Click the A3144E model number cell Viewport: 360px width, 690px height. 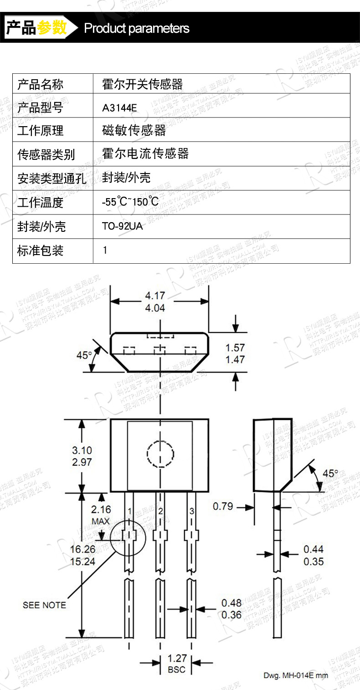(x=119, y=108)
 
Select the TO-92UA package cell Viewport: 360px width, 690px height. (x=122, y=226)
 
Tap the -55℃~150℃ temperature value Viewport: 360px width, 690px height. (x=130, y=201)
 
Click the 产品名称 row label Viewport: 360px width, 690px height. (x=40, y=84)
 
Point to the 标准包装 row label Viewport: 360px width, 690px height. (x=40, y=250)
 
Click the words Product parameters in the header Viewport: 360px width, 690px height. (x=137, y=28)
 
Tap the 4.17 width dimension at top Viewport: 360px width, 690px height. (x=155, y=296)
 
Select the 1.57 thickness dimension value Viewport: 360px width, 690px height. (x=235, y=348)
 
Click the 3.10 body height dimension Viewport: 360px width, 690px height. (x=82, y=450)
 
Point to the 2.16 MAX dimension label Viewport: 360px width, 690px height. (x=101, y=515)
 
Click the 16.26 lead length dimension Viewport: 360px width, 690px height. (x=82, y=549)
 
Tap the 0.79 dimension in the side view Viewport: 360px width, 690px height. (x=223, y=506)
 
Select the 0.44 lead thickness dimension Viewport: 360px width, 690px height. (x=314, y=549)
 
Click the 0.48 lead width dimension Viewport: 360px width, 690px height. (x=231, y=603)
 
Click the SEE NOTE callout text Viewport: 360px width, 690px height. (x=44, y=605)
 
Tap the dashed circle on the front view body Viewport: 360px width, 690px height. (x=160, y=454)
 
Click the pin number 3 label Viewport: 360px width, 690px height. (x=192, y=511)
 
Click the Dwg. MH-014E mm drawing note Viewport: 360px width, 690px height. (x=295, y=675)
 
